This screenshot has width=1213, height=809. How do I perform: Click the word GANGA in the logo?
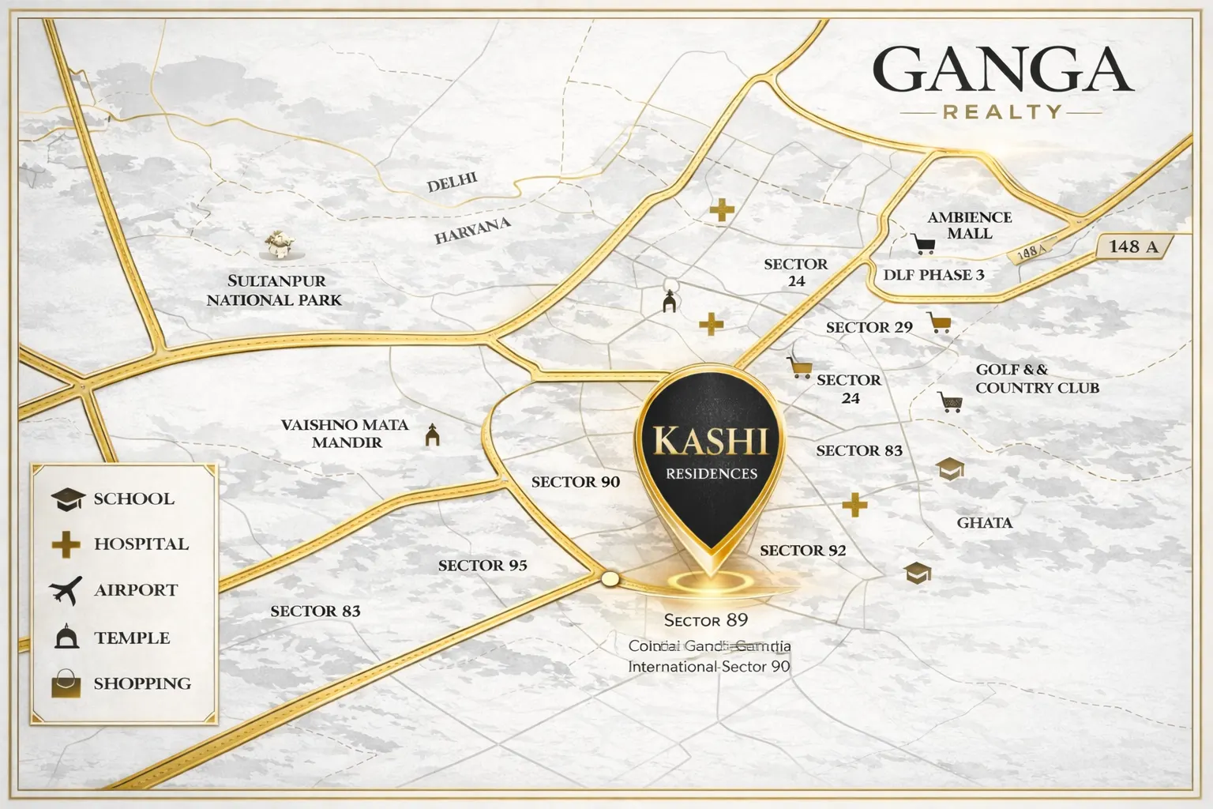(x=1003, y=70)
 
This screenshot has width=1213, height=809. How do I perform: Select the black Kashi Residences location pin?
(x=712, y=458)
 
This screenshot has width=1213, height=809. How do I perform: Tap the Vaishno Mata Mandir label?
(x=345, y=433)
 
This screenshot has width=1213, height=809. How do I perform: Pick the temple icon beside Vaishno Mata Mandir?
(x=432, y=435)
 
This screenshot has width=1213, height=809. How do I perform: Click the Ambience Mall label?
(x=970, y=225)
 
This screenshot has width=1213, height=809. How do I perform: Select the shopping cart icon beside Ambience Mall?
(x=923, y=243)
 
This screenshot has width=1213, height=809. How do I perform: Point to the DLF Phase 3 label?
(x=933, y=275)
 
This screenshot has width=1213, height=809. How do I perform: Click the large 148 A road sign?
(x=1133, y=246)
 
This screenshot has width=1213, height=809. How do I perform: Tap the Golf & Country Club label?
(x=1036, y=378)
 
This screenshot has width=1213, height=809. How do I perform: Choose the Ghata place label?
(x=984, y=522)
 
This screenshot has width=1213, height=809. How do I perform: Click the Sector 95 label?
(x=483, y=565)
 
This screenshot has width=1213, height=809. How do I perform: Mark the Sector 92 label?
(x=802, y=550)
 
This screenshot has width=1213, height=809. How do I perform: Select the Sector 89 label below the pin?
(x=705, y=620)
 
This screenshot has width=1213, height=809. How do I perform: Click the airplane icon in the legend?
(x=66, y=589)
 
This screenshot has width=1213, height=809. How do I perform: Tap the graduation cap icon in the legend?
(x=68, y=499)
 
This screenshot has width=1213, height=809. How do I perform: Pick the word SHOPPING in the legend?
(x=142, y=683)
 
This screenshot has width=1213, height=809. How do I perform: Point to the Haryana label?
(x=472, y=230)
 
